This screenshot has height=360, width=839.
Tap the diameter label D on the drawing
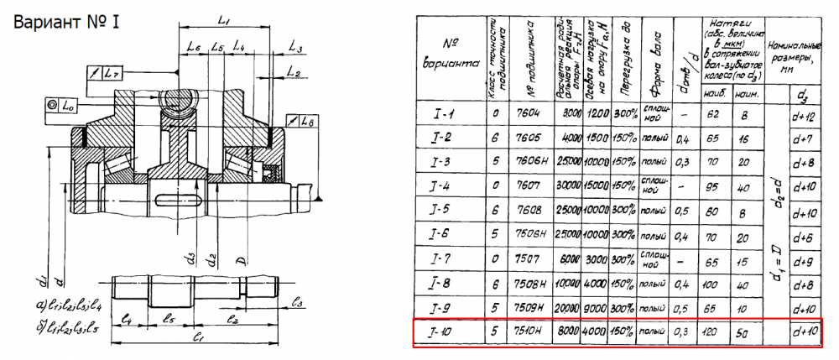[242, 265]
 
